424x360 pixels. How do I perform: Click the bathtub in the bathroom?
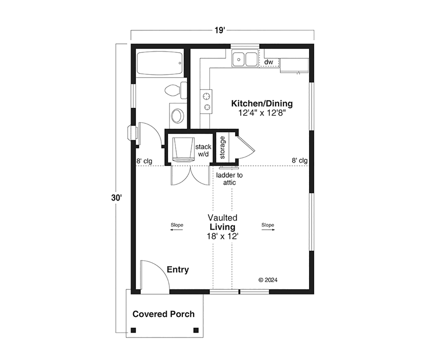(160, 63)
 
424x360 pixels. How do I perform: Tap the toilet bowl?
(172, 90)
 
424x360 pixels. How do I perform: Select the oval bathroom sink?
(178, 116)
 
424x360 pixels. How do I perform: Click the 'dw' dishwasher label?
(269, 62)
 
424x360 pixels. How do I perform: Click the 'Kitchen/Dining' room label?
(262, 104)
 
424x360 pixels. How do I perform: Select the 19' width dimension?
(220, 30)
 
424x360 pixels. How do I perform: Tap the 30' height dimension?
(116, 198)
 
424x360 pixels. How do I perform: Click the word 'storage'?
(222, 148)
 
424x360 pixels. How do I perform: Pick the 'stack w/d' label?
(203, 150)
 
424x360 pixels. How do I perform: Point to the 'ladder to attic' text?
(229, 179)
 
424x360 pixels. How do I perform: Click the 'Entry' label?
(178, 270)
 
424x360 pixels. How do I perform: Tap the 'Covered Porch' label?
(164, 314)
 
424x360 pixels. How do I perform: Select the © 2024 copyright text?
(268, 280)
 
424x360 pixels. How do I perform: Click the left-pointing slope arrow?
(176, 230)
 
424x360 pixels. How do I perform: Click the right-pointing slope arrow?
(268, 230)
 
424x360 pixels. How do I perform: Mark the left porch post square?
(133, 336)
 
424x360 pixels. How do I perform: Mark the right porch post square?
(196, 336)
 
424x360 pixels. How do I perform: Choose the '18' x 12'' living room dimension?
(222, 236)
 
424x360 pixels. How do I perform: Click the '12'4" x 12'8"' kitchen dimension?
(262, 113)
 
